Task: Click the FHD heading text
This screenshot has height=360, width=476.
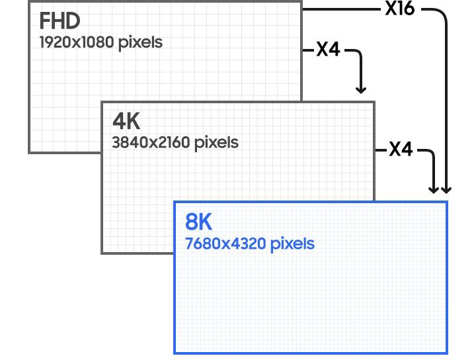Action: [x=59, y=21]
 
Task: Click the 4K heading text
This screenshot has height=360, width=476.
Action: [x=126, y=121]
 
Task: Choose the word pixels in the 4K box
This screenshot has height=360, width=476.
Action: [x=216, y=142]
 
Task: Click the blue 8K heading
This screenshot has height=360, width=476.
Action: [x=199, y=222]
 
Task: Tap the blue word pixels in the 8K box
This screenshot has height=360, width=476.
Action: [x=292, y=244]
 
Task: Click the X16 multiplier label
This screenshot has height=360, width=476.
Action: [x=399, y=10]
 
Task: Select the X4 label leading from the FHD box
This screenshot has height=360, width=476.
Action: [x=327, y=50]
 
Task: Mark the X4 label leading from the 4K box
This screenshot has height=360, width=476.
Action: [x=400, y=150]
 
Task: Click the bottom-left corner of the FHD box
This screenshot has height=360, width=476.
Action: [x=29, y=152]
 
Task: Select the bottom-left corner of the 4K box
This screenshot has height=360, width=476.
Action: [x=102, y=253]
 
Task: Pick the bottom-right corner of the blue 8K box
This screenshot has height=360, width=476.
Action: [x=447, y=352]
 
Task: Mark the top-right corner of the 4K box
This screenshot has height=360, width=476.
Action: [x=374, y=103]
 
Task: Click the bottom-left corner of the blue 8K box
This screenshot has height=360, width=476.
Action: [x=175, y=352]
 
